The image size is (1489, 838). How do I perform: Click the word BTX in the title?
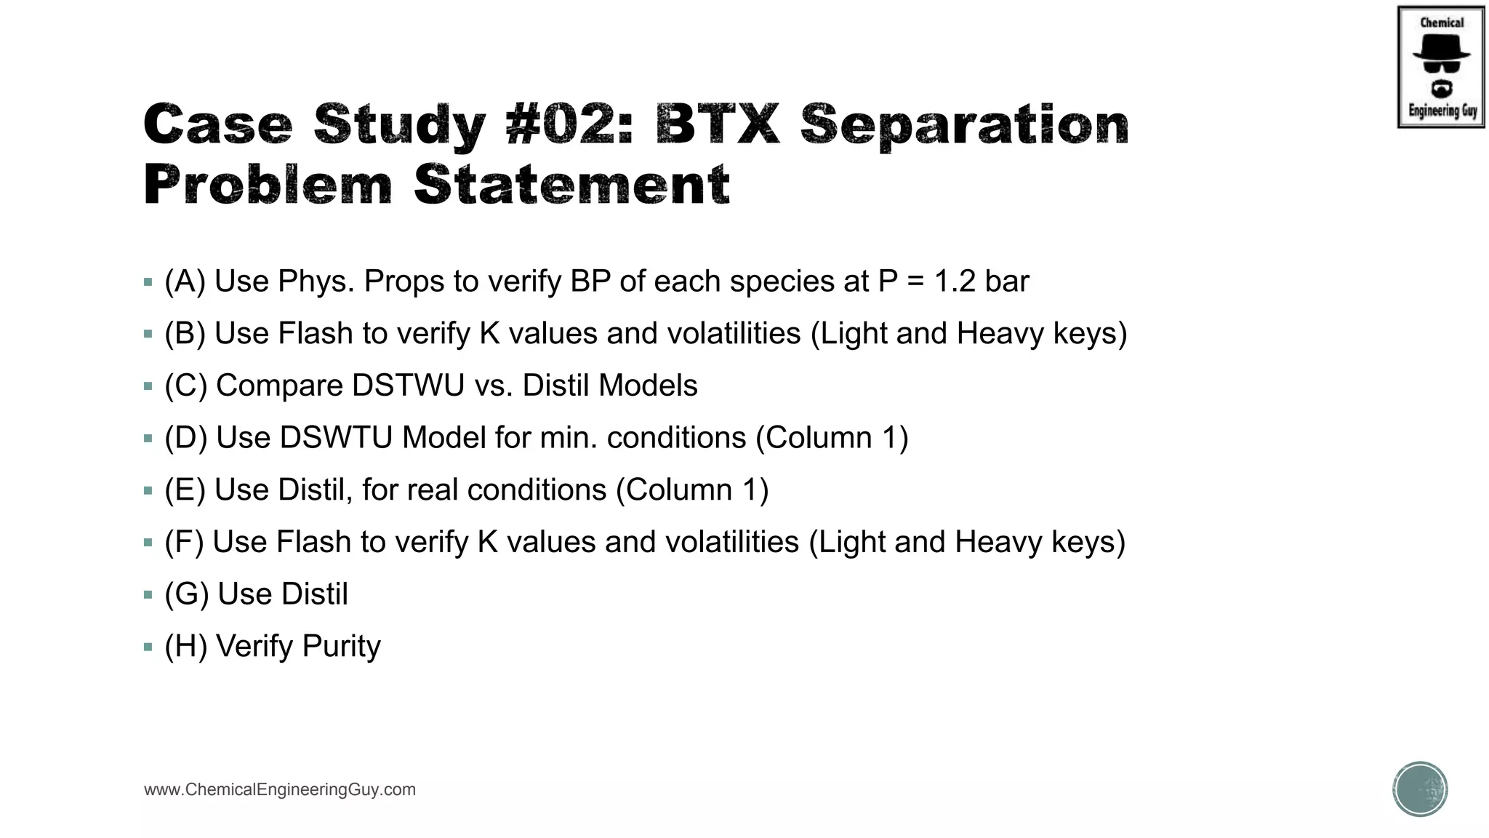717,124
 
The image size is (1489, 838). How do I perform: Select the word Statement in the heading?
571,185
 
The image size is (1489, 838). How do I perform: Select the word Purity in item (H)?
341,647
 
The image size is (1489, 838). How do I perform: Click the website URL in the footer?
280,790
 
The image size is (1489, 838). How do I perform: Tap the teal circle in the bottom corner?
1420,789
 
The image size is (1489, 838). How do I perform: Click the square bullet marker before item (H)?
148,647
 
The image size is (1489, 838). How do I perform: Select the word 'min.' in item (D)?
569,438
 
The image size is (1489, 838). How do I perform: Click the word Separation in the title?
964,124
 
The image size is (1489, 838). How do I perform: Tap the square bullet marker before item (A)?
148,282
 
